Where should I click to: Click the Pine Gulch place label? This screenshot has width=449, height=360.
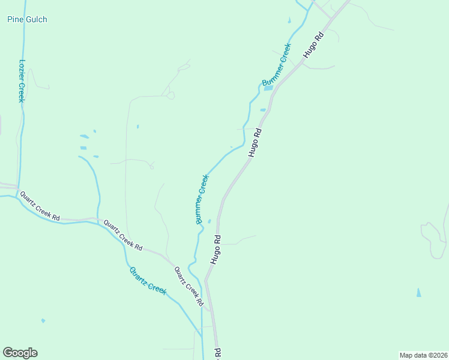tap(27, 20)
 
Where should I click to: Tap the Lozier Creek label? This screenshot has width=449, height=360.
tap(21, 80)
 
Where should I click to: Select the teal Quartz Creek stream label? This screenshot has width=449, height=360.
tap(148, 280)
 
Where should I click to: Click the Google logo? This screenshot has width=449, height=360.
tap(20, 353)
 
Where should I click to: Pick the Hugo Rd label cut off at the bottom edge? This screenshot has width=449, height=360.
tap(218, 353)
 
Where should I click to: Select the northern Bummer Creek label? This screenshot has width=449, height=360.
tap(277, 64)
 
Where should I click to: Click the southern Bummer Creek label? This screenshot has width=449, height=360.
tap(202, 199)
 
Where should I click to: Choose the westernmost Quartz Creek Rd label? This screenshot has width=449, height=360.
tap(40, 206)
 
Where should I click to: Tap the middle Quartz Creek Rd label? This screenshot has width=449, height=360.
tap(122, 235)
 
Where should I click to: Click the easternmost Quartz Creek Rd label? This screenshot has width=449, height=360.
tap(189, 286)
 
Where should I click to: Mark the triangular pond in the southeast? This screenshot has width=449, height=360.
tap(418, 293)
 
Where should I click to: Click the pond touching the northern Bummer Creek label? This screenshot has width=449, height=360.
tap(268, 88)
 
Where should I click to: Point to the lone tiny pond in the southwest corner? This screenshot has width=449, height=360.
tap(43, 320)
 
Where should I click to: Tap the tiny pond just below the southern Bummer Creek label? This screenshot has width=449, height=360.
tap(209, 221)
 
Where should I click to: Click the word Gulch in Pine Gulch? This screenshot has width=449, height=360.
tap(36, 20)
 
